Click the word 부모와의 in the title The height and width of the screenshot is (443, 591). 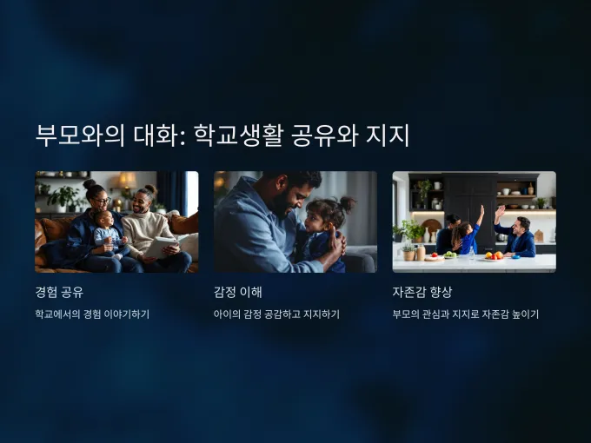[80, 136]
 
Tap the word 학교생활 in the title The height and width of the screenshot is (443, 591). [238, 136]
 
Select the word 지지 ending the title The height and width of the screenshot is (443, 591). [388, 136]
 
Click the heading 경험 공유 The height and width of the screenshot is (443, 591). [59, 292]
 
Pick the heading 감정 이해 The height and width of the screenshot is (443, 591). [238, 292]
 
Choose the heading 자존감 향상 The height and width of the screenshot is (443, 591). [422, 292]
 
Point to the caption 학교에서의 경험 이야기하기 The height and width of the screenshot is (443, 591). [92, 314]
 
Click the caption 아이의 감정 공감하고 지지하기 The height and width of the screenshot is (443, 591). [276, 314]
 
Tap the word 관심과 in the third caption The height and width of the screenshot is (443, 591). [435, 314]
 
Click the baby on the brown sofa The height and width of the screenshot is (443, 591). [109, 234]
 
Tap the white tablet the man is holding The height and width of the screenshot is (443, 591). [163, 247]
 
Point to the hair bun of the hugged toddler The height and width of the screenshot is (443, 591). [347, 204]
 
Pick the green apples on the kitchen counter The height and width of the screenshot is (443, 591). [449, 255]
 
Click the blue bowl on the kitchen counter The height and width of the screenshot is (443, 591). [515, 257]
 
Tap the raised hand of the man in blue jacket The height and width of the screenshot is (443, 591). [500, 212]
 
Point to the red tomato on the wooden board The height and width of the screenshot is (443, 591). [434, 255]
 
